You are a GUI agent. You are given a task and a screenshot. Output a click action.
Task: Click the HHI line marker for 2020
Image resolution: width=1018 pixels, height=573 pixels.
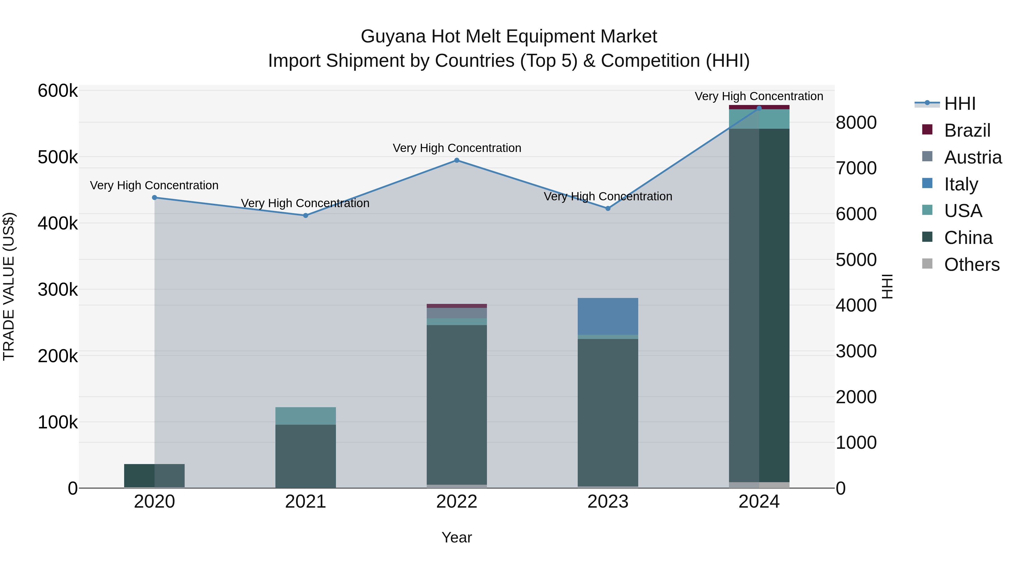[154, 198]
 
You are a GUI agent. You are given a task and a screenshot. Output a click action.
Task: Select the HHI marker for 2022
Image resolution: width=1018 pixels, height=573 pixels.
[457, 160]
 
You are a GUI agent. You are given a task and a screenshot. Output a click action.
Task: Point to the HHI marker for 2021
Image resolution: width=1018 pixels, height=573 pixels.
[305, 216]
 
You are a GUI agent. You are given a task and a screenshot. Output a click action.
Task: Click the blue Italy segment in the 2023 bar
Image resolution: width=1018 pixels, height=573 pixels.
[608, 316]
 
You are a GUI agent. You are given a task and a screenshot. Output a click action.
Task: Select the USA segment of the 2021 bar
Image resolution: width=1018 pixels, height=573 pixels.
[305, 416]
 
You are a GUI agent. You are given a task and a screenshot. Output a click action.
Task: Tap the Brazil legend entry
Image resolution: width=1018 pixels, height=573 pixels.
[967, 130]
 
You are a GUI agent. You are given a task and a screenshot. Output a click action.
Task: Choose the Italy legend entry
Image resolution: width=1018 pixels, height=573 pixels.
[961, 184]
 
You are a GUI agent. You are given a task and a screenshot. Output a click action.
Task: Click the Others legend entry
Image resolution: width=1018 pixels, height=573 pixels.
[971, 265]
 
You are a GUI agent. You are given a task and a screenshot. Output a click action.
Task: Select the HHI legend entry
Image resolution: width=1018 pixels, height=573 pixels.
[959, 104]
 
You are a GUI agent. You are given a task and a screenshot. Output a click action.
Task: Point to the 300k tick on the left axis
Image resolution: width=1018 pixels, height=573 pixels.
[58, 290]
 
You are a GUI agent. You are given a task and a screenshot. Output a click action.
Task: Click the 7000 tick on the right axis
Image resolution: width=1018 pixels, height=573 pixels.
[856, 168]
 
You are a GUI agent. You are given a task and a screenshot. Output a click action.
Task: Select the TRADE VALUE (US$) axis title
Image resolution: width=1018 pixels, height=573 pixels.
[9, 286]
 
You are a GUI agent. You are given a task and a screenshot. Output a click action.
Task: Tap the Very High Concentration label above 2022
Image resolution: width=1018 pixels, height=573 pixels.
[457, 148]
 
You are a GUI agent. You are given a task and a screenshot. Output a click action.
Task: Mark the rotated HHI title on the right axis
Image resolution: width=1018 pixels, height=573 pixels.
[888, 286]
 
